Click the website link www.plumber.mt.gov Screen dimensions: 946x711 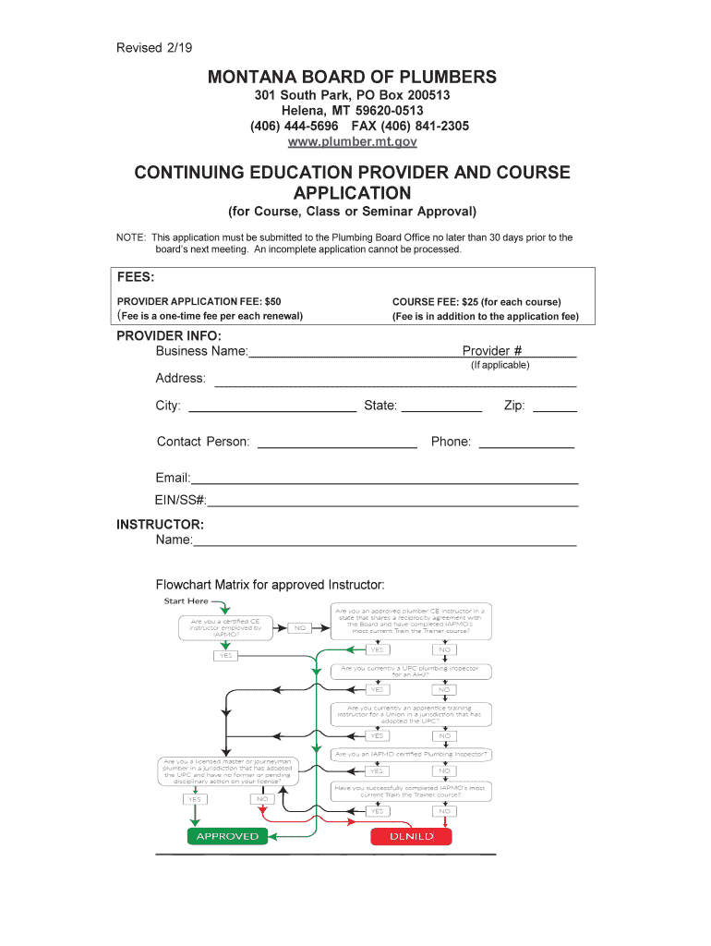(x=353, y=141)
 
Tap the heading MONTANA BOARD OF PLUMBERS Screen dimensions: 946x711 (x=352, y=78)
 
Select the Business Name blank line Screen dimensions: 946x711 (x=355, y=354)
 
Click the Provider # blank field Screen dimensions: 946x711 (x=550, y=354)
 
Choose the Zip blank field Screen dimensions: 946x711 (x=555, y=407)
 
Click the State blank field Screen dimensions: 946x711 (x=441, y=407)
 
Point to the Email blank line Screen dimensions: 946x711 (x=384, y=480)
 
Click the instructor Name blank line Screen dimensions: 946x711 (x=384, y=542)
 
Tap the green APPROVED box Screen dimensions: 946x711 (x=227, y=836)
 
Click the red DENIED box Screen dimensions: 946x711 (x=412, y=837)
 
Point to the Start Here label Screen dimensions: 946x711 (x=186, y=601)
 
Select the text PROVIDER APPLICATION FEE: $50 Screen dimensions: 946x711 (x=199, y=301)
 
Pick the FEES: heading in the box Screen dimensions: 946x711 (x=136, y=278)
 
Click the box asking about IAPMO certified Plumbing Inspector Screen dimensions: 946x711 (x=411, y=755)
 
